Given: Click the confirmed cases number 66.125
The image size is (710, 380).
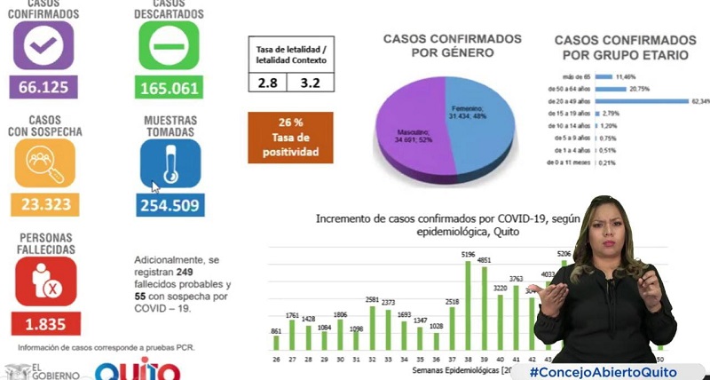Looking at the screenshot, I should [43, 86].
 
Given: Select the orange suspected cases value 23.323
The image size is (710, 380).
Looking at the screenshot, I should [43, 204].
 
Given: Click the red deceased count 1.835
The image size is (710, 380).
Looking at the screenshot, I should [45, 323].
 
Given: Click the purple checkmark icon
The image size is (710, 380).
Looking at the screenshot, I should [43, 45].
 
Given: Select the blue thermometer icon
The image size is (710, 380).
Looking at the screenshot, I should [170, 162].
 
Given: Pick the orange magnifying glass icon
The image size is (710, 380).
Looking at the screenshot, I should [44, 162].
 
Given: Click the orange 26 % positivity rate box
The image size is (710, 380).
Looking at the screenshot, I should [290, 138].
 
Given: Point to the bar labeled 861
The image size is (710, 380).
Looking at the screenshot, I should [276, 342].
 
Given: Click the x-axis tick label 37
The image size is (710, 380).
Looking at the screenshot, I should [452, 358].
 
